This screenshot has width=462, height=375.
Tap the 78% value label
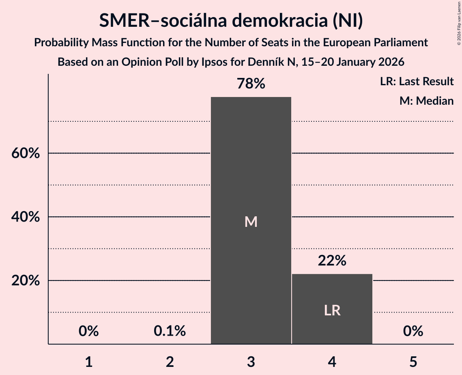[x=251, y=84]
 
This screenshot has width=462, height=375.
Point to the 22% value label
[x=332, y=261]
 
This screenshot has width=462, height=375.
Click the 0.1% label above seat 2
[x=170, y=331]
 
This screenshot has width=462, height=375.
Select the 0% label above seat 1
[x=89, y=331]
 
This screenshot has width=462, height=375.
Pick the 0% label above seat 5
[x=413, y=331]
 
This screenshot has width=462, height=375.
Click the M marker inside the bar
[x=251, y=222]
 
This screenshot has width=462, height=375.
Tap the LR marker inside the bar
[x=332, y=310]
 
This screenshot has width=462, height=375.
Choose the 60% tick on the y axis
[x=25, y=154]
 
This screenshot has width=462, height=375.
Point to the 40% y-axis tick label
[x=25, y=217]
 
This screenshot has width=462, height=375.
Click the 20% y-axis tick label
[x=25, y=281]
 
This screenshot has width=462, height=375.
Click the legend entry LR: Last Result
[x=417, y=82]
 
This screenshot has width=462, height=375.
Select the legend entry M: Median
[x=426, y=101]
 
